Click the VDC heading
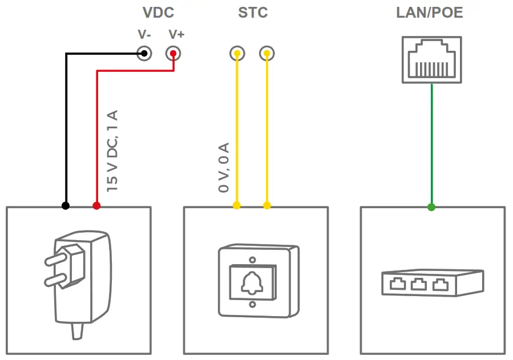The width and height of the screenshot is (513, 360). tap(157, 13)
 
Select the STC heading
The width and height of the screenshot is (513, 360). tap(253, 13)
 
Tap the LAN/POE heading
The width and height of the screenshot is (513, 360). tap(429, 13)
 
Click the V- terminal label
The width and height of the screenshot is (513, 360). tap(144, 35)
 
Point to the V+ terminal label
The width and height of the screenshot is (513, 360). tap(176, 35)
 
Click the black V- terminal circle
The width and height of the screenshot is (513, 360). tap(144, 54)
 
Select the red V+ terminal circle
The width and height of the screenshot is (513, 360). tap(173, 54)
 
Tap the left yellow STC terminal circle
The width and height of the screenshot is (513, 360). tap(237, 54)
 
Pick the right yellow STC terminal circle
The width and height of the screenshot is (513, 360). tap(266, 54)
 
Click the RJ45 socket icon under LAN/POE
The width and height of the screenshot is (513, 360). tap(431, 59)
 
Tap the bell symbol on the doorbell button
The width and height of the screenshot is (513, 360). tap(252, 281)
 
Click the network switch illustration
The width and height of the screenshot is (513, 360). tap(432, 282)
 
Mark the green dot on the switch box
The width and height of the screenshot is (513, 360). tap(431, 207)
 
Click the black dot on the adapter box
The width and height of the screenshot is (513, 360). tap(66, 205)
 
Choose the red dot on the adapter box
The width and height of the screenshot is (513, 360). tap(96, 205)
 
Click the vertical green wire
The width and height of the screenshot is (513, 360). tap(431, 143)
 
